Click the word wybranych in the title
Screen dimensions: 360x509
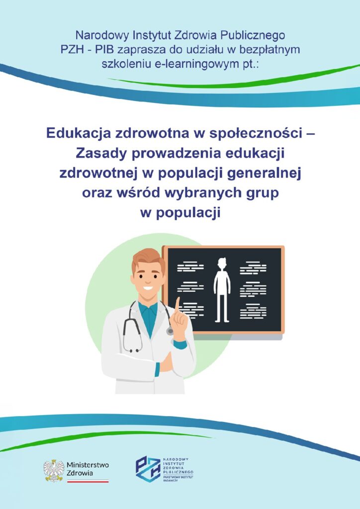point(201,193)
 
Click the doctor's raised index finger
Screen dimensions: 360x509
point(177,306)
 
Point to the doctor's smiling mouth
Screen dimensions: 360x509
point(148,288)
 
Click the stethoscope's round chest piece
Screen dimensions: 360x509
point(170,331)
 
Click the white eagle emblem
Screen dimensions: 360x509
point(54,470)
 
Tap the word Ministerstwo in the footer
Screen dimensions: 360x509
point(88,465)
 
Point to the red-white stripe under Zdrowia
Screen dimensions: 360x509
point(88,482)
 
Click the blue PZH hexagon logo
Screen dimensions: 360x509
point(148,469)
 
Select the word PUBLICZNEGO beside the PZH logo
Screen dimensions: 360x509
point(178,471)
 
